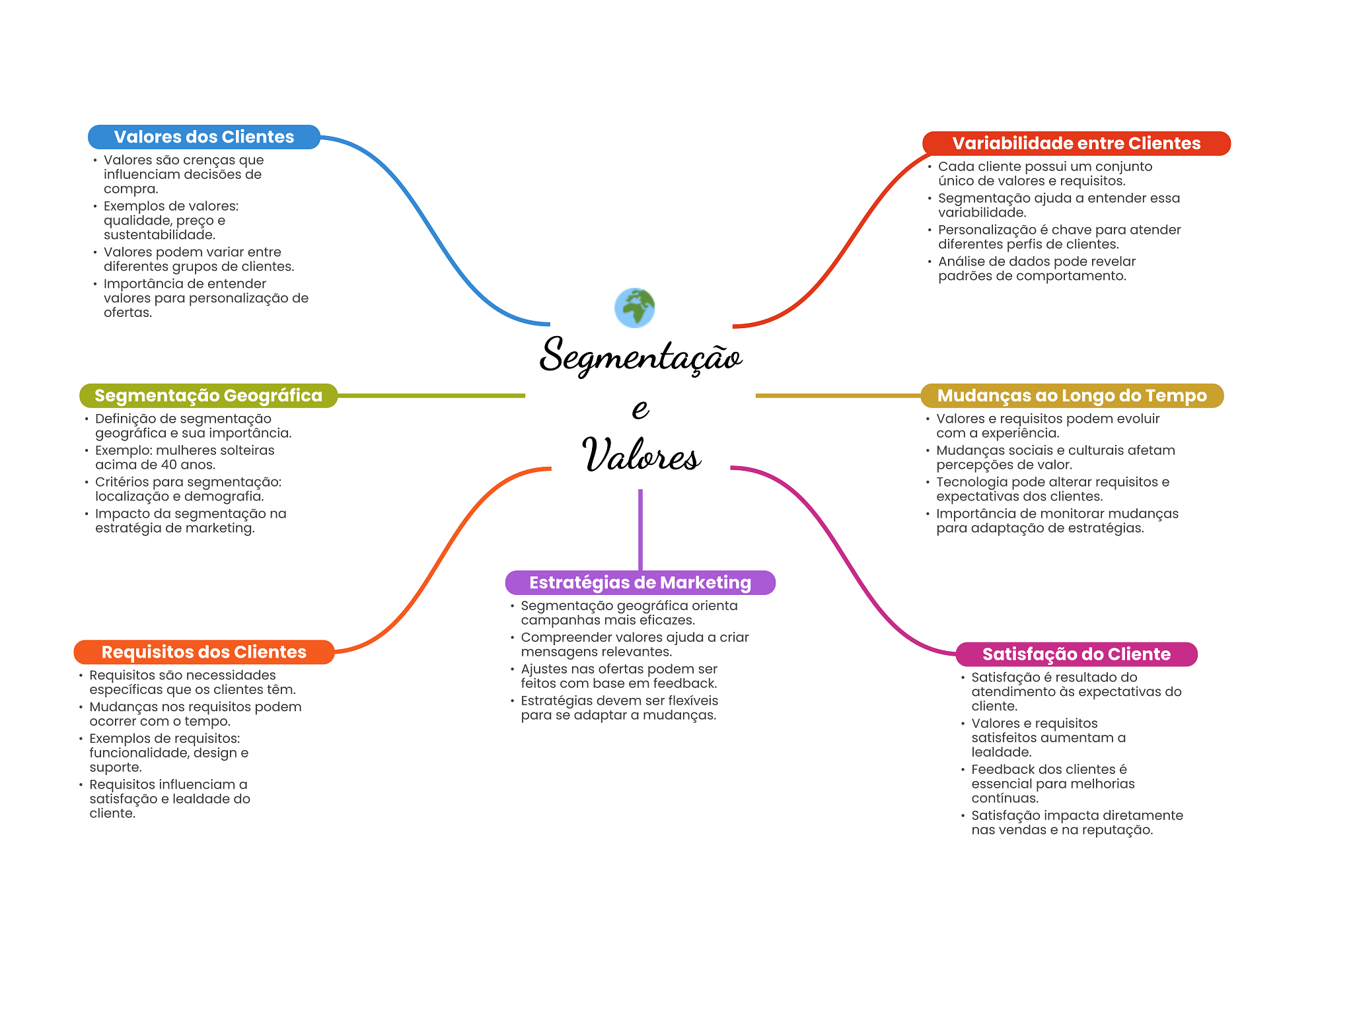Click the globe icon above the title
tap(634, 308)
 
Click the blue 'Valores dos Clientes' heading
tap(203, 137)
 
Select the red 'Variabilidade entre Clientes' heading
tap(1076, 144)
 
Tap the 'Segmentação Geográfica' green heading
tap(208, 396)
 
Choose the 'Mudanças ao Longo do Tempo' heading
tap(1072, 396)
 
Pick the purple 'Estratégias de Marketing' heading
tap(640, 582)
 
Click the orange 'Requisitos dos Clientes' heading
tap(203, 652)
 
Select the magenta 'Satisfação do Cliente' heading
tap(1076, 654)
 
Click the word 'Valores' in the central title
tap(640, 455)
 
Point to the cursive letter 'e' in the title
tap(640, 408)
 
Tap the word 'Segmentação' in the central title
tap(640, 357)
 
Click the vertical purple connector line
tap(640, 528)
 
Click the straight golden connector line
tap(838, 396)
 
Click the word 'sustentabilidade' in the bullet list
tap(159, 235)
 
